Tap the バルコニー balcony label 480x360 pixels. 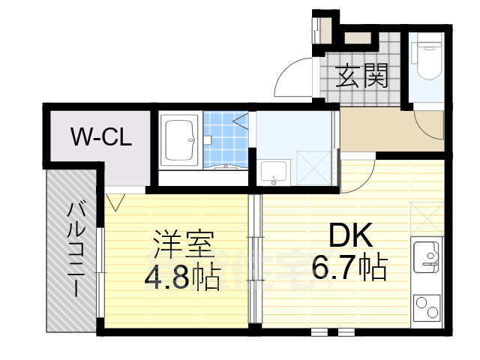74,250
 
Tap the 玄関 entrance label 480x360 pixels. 362,76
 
